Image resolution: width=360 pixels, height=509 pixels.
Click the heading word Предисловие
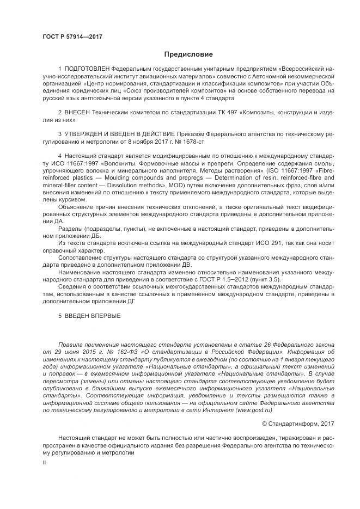tap(188, 54)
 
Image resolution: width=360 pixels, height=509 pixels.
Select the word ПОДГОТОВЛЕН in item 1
tap(87, 70)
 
